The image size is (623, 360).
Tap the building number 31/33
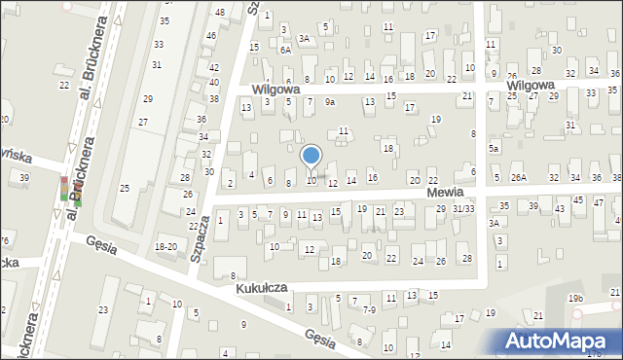tap(463, 209)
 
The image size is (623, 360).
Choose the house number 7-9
tap(369, 309)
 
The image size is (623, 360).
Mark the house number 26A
tap(519, 178)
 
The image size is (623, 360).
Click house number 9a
tap(330, 101)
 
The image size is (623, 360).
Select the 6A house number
tap(285, 49)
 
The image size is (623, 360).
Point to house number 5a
tap(494, 148)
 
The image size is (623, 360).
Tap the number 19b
tap(576, 298)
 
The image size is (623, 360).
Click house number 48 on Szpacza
tap(220, 12)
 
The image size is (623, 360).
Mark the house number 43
tap(560, 209)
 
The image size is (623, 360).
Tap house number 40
tap(214, 83)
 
